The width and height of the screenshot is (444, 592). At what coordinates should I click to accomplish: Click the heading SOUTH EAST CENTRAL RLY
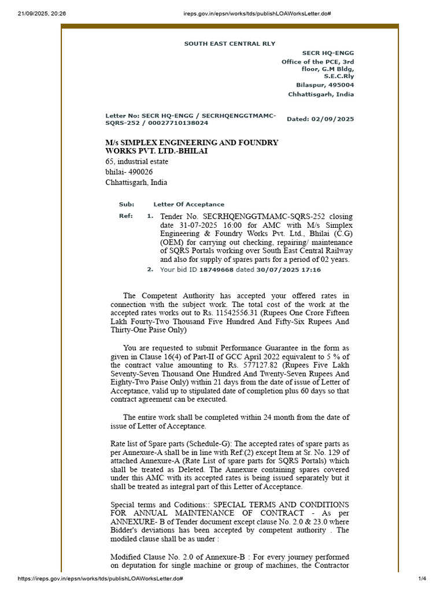[x=230, y=43]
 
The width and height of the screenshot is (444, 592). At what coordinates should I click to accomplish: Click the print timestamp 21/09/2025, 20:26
[x=34, y=13]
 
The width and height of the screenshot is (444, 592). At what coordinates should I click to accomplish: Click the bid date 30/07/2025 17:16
[x=289, y=269]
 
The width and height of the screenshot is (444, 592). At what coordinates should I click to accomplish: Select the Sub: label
[x=126, y=204]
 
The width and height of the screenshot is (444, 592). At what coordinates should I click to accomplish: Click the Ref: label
[x=125, y=216]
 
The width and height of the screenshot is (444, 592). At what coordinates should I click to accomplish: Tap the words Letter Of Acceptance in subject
[x=188, y=204]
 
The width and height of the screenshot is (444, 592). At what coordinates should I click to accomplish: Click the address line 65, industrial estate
[x=136, y=161]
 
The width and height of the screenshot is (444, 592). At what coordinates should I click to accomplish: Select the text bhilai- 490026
[x=129, y=172]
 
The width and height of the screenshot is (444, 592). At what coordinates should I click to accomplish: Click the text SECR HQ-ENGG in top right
[x=328, y=53]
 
